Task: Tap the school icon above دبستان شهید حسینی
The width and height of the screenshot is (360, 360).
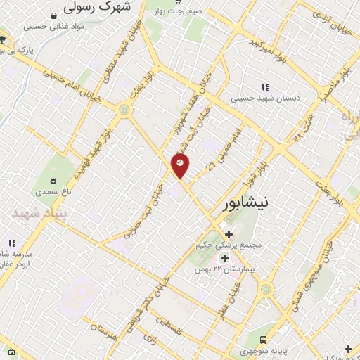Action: point(265,87)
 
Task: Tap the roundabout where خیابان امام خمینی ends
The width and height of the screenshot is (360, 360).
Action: point(125,109)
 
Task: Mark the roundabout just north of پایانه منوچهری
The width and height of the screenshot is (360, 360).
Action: point(266,288)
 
